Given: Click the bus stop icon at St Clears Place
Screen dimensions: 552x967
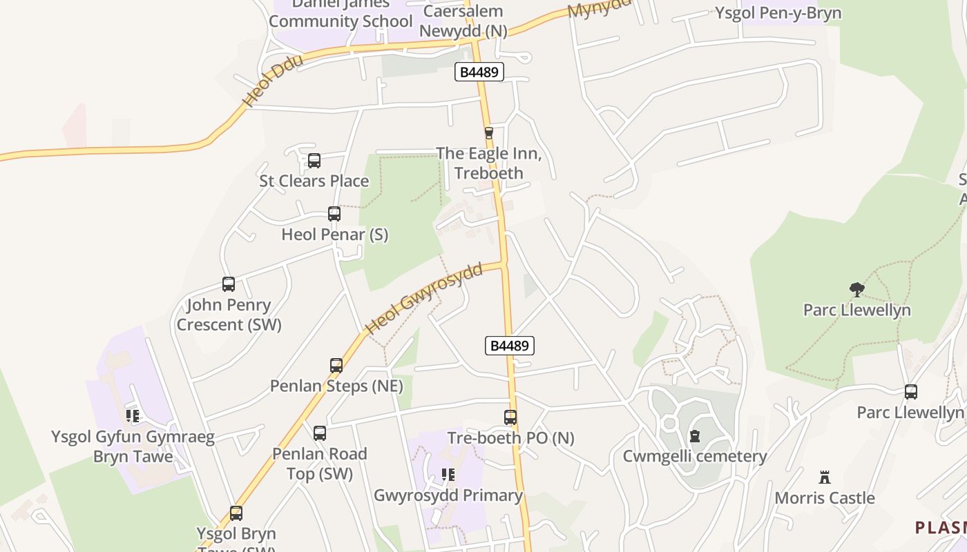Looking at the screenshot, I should pyautogui.click(x=314, y=161).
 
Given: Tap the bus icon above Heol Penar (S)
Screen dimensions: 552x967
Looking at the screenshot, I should pyautogui.click(x=334, y=214).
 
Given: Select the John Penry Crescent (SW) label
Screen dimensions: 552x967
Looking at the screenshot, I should pyautogui.click(x=229, y=315).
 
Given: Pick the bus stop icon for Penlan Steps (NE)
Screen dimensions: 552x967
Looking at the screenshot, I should pyautogui.click(x=336, y=366).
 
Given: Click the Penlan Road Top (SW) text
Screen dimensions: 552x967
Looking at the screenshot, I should pyautogui.click(x=319, y=464).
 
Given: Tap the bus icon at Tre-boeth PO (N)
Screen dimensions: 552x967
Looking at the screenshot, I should pyautogui.click(x=510, y=417).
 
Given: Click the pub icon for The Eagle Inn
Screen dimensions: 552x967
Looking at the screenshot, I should pyautogui.click(x=489, y=132).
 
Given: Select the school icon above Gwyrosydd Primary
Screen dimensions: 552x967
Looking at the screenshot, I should pyautogui.click(x=448, y=475).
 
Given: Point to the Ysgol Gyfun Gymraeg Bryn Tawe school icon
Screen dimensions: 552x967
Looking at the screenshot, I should pyautogui.click(x=133, y=416).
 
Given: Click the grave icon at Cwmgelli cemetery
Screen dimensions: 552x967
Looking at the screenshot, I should pyautogui.click(x=695, y=436).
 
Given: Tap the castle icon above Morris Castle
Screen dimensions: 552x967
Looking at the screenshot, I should pyautogui.click(x=824, y=477).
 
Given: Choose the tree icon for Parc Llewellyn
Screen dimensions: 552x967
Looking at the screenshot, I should pyautogui.click(x=856, y=290).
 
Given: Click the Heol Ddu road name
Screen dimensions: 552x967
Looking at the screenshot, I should pyautogui.click(x=273, y=81).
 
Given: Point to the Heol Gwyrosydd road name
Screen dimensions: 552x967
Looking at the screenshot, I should pyautogui.click(x=423, y=298).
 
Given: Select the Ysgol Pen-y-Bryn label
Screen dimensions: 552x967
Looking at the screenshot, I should pyautogui.click(x=778, y=13).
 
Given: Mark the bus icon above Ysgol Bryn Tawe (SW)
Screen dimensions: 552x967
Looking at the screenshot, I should pyautogui.click(x=236, y=513).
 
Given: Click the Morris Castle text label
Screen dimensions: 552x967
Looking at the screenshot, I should pyautogui.click(x=824, y=498).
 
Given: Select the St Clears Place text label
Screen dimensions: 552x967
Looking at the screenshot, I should pyautogui.click(x=314, y=181).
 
